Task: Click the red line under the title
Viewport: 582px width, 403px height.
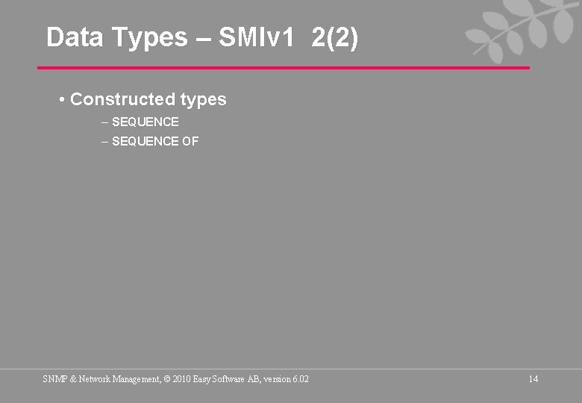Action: [284, 68]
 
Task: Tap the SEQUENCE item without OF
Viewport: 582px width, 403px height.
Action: [145, 122]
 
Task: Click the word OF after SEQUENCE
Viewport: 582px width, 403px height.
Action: [190, 141]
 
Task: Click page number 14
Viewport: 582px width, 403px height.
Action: [533, 379]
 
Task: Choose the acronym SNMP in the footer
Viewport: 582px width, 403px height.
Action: [54, 379]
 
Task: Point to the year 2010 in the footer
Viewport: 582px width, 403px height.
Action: [182, 379]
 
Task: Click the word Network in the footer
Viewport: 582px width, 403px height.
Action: [96, 379]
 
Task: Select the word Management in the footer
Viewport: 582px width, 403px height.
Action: [137, 379]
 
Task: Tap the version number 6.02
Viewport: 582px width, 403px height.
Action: [300, 379]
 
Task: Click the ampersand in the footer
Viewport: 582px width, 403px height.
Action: [72, 379]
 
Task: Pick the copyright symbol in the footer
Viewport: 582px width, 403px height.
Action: [167, 379]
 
